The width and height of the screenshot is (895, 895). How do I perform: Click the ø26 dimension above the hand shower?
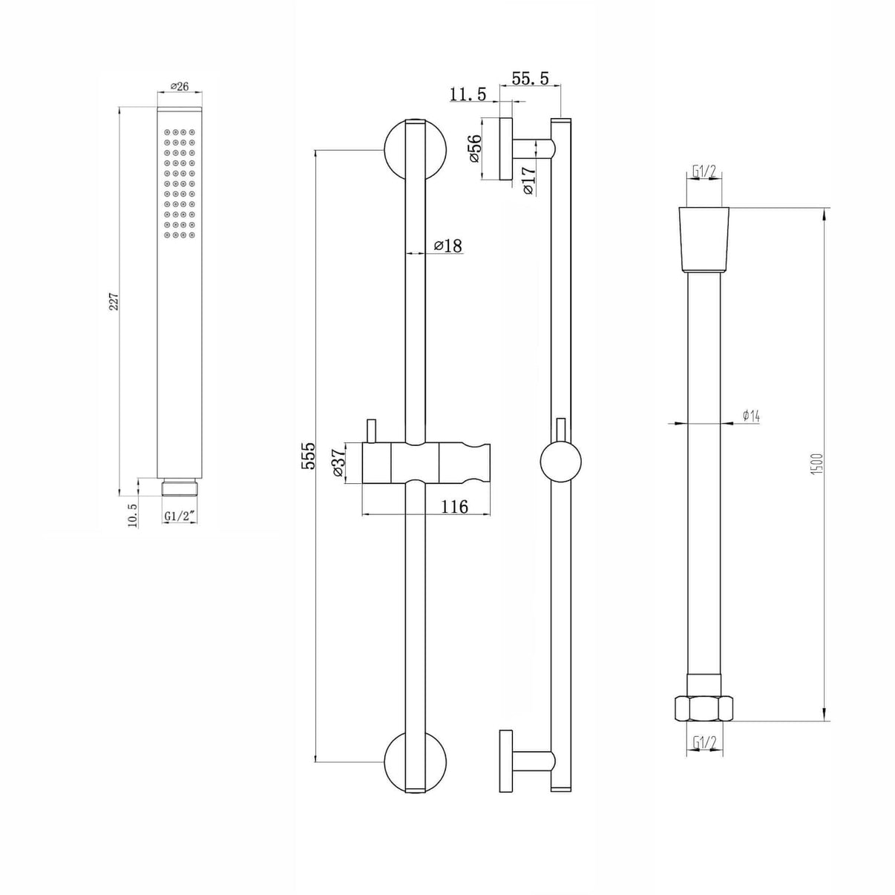pos(180,86)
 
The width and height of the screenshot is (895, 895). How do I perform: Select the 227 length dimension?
pos(114,301)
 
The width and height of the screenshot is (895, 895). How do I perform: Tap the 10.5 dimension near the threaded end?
pos(133,514)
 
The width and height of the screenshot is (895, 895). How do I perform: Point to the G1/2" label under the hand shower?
pos(180,515)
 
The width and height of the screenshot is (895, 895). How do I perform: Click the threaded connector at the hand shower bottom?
pos(180,488)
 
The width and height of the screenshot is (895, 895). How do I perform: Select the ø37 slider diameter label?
pos(338,463)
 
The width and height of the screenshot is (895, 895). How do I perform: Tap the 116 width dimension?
pos(454,506)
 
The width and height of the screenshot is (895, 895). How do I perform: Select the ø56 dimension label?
pos(474,148)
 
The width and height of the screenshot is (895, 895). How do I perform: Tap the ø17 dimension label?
pos(528,180)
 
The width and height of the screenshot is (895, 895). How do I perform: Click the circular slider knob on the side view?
pos(560,461)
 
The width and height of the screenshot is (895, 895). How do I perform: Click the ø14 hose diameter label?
pos(750,416)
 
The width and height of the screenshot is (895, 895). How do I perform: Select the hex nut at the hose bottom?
pos(703,708)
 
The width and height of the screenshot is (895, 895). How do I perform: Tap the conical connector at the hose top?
pos(704,237)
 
